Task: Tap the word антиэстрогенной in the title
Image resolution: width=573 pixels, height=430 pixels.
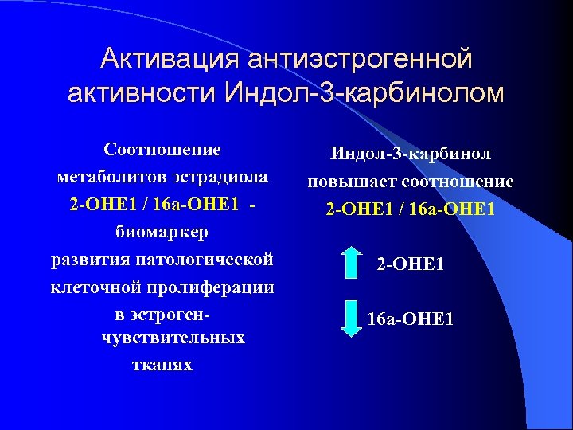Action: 359,59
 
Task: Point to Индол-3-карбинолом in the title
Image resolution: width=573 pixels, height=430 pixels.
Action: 364,92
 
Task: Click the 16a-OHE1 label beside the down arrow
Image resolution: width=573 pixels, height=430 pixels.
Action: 411,320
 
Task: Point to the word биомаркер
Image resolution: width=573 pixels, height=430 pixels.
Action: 162,232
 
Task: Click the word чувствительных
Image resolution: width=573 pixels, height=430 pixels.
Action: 173,338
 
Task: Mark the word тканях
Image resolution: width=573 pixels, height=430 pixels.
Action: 162,365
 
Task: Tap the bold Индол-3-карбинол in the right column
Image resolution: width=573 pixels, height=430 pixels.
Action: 411,154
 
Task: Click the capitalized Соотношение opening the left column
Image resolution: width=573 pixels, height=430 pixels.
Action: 162,149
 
